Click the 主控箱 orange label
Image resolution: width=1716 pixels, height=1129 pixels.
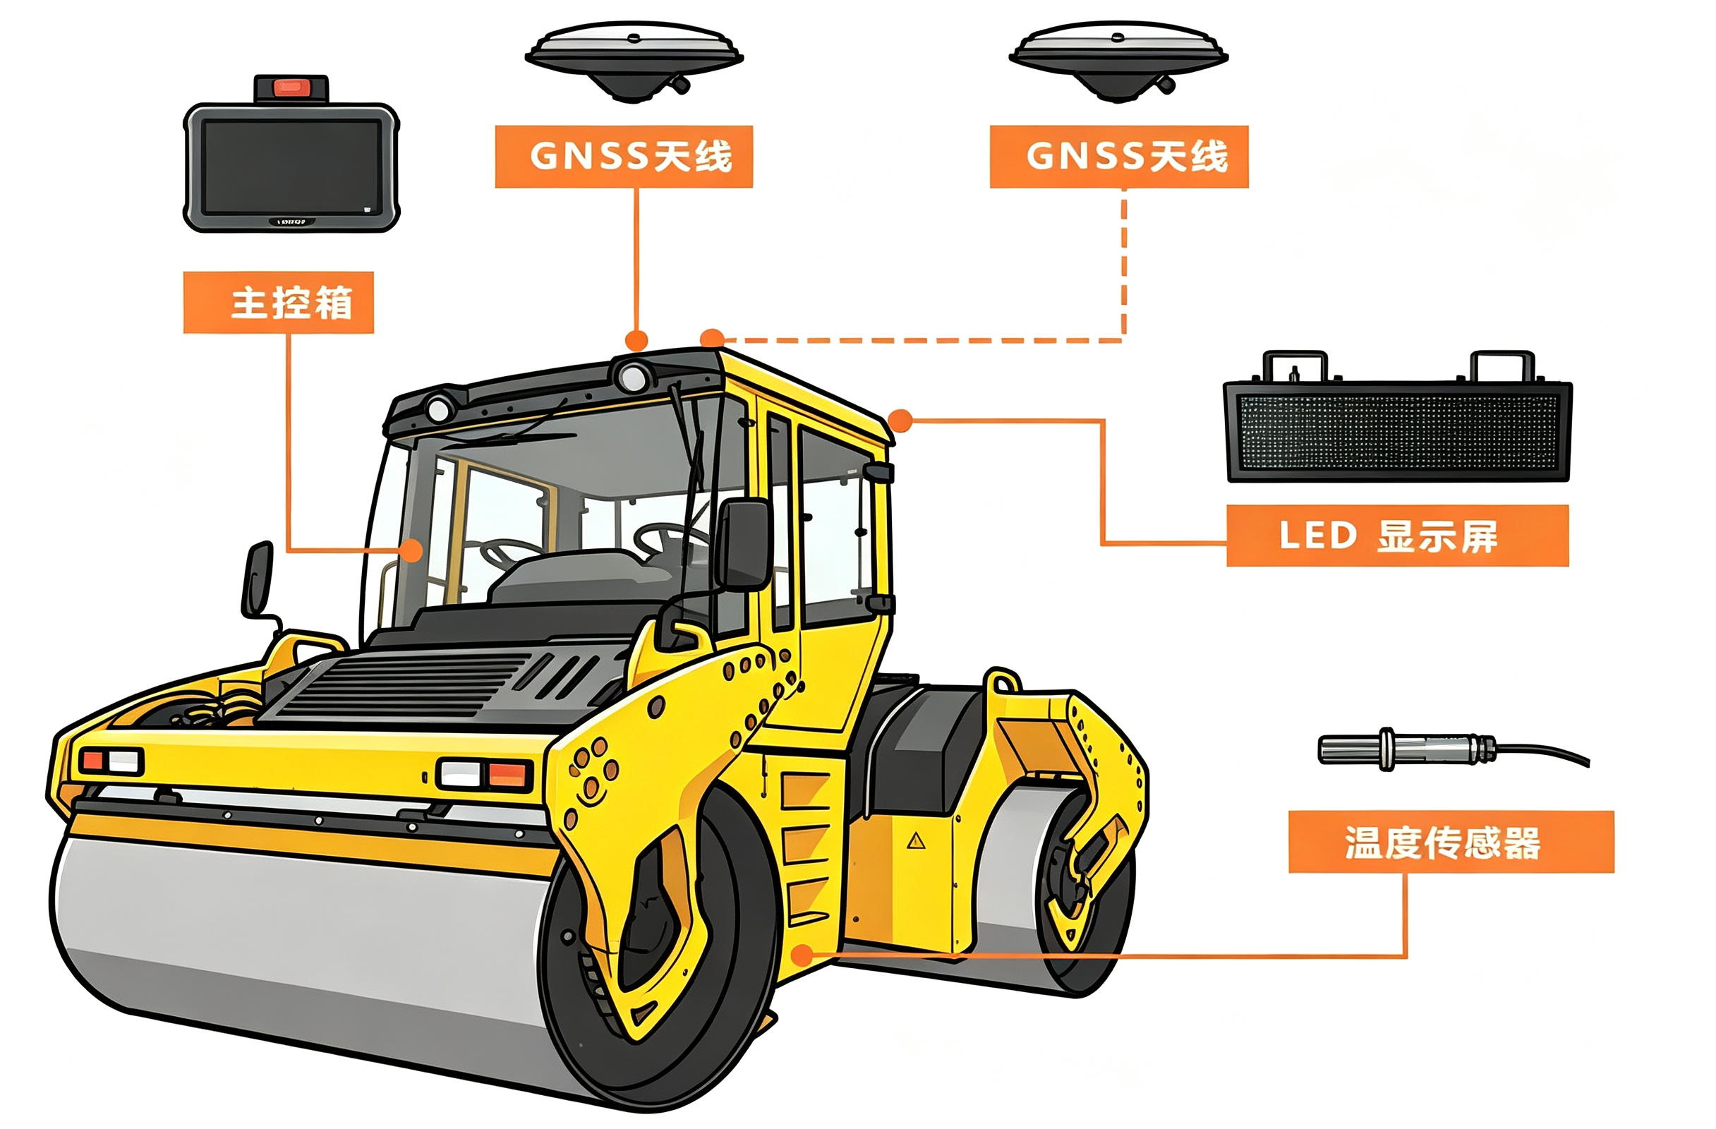click(x=278, y=302)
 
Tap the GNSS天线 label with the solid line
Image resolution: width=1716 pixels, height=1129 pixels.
click(x=624, y=157)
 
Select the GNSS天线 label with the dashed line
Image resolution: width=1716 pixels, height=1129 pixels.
click(x=1119, y=157)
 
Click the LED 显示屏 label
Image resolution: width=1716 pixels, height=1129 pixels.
click(x=1397, y=536)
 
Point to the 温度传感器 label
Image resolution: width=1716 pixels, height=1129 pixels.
click(x=1451, y=842)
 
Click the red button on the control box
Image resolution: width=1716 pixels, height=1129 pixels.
click(x=291, y=88)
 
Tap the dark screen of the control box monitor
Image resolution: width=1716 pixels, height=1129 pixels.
click(x=291, y=167)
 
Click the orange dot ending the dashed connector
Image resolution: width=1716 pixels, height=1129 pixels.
click(x=713, y=339)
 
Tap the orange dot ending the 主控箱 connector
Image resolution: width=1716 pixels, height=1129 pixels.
click(x=411, y=551)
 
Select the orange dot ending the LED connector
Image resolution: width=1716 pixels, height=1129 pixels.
click(x=900, y=421)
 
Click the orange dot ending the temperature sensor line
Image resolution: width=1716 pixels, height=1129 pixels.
click(x=802, y=956)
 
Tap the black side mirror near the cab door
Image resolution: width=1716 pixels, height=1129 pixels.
click(x=744, y=544)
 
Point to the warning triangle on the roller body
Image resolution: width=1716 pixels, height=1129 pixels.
click(x=916, y=840)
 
